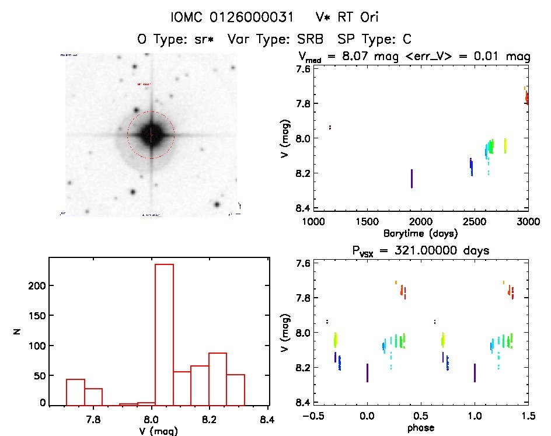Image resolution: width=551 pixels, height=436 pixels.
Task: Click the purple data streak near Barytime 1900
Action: click(411, 179)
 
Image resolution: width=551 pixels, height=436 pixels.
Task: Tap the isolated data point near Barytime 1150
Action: click(330, 127)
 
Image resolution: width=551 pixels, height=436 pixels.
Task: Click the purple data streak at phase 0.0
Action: click(367, 373)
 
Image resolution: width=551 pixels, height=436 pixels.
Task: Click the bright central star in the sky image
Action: click(151, 135)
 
